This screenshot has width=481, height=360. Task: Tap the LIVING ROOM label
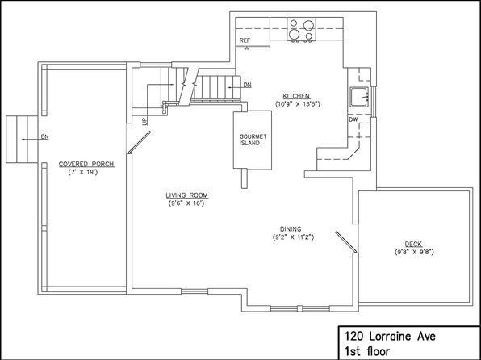pyautogui.click(x=186, y=195)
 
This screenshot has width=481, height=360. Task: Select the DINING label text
pyautogui.click(x=291, y=229)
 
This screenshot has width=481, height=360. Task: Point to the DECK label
pyautogui.click(x=413, y=244)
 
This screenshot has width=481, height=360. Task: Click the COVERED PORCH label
pyautogui.click(x=86, y=164)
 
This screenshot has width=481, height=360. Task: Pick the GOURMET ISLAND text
pyautogui.click(x=253, y=140)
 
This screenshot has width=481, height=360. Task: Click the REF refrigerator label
pyautogui.click(x=245, y=40)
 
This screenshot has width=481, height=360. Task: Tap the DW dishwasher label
pyautogui.click(x=353, y=119)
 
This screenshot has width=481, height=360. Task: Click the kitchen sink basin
pyautogui.click(x=359, y=97)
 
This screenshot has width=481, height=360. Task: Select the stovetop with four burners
pyautogui.click(x=301, y=29)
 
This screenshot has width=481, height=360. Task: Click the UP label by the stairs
pyautogui.click(x=144, y=121)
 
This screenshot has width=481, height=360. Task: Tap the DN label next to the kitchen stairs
pyautogui.click(x=247, y=85)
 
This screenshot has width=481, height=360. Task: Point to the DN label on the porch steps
pyautogui.click(x=44, y=137)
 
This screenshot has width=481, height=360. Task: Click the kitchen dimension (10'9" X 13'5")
pyautogui.click(x=298, y=104)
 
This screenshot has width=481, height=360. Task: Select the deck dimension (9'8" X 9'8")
pyautogui.click(x=414, y=253)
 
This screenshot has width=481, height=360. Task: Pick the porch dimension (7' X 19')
pyautogui.click(x=83, y=172)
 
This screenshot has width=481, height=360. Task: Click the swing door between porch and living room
pyautogui.click(x=139, y=142)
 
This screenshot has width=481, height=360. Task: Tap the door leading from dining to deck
pyautogui.click(x=346, y=242)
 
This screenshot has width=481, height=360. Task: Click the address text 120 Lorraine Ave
pyautogui.click(x=390, y=337)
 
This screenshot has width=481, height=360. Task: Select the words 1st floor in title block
pyautogui.click(x=367, y=351)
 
